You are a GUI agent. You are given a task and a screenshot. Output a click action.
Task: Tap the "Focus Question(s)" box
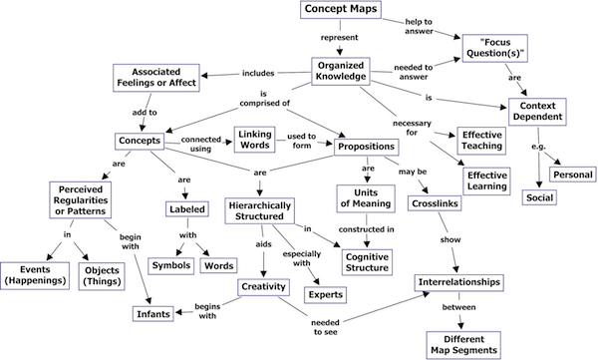click(x=501, y=46)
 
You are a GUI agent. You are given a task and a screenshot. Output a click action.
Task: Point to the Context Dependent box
click(x=537, y=111)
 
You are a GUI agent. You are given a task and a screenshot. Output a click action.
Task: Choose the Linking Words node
click(x=253, y=139)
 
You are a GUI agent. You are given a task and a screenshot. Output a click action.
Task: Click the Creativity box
click(x=263, y=287)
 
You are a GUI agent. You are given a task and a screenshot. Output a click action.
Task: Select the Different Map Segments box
click(x=469, y=344)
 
